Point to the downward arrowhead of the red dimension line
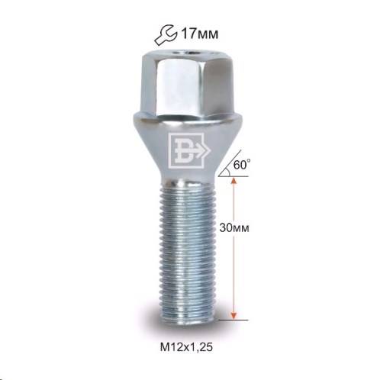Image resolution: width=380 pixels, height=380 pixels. click(x=234, y=316)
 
